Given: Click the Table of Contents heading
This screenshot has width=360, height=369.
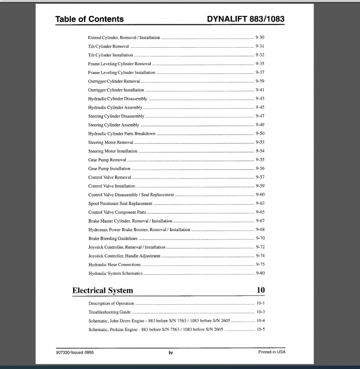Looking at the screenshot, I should pos(90,19).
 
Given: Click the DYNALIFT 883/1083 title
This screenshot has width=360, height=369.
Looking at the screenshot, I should pos(245,19).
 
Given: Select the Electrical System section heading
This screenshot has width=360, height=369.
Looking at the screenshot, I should pos(102,291).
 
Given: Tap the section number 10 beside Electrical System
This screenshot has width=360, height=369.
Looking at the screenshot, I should pos(261,290).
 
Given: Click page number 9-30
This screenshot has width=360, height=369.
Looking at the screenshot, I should pos(260,38).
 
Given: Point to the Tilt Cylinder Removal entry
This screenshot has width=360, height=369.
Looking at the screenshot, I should pos(108,46).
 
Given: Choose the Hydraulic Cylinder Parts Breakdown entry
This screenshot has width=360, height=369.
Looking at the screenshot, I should pos(121,134).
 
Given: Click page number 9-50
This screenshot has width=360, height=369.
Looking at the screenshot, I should pos(260,134).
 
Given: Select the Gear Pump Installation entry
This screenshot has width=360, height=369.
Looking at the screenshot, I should pos(109,169).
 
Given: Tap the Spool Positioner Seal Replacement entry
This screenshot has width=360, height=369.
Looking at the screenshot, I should pos(120,203).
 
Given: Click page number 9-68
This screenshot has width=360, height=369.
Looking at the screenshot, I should pos(260,230).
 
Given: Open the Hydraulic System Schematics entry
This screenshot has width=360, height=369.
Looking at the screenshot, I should pos(115,273).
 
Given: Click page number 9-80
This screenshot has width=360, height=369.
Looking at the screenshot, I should pos(260,273).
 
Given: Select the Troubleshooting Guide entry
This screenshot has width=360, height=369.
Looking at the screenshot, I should pos(109,312).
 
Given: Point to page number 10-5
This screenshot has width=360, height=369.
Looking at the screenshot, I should pos(260,330).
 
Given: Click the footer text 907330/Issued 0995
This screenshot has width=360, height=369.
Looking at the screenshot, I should pos(74,352).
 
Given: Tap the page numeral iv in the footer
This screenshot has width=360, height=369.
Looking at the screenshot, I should pos(170,353).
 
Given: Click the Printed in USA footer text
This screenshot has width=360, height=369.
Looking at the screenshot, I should pos(271,352).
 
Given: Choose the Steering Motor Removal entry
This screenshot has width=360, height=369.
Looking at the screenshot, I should pos(111,143).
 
